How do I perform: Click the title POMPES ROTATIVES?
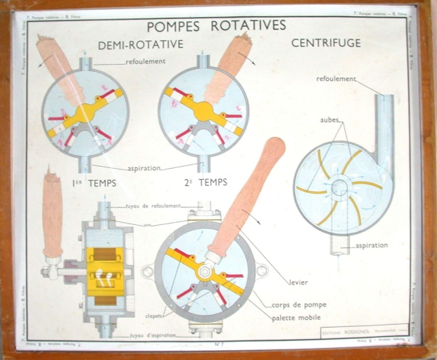(216, 25)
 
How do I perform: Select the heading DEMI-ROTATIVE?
(141, 44)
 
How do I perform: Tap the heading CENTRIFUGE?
(326, 43)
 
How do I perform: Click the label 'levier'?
(298, 282)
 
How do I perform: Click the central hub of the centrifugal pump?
(339, 188)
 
